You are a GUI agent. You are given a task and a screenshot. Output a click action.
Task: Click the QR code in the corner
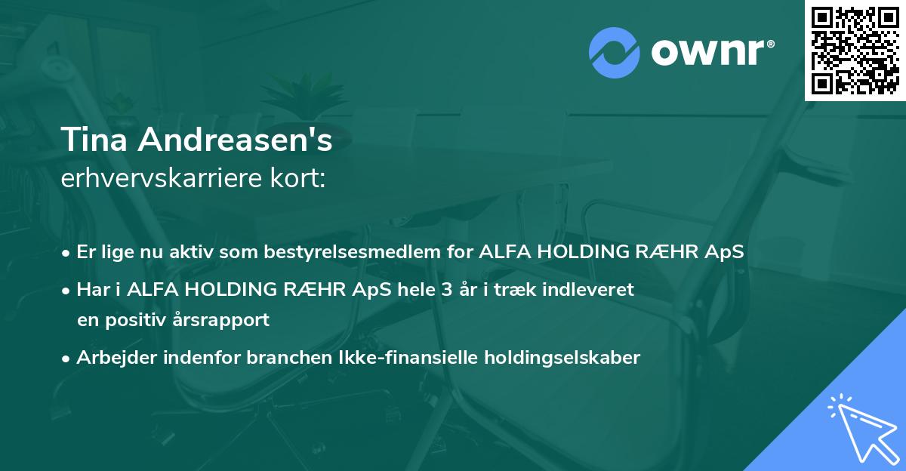tap(855, 51)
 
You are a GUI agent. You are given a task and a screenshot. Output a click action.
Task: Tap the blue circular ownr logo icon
tap(615, 53)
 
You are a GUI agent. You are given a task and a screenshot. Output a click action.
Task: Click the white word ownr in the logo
tap(707, 53)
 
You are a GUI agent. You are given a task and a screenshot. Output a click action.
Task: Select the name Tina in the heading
tap(94, 140)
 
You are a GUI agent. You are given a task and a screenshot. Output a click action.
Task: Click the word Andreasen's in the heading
tap(235, 140)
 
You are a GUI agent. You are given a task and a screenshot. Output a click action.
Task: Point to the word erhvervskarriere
tap(162, 178)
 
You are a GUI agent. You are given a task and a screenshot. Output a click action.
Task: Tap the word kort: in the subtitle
tap(297, 178)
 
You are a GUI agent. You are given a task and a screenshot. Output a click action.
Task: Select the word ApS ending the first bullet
tap(724, 251)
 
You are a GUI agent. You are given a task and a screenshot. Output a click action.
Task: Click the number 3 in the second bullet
tap(446, 290)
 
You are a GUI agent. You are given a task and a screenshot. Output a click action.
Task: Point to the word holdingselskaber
tap(562, 358)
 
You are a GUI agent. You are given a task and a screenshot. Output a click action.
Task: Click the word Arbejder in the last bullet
tap(116, 357)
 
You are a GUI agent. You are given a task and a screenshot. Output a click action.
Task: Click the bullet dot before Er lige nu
tap(66, 254)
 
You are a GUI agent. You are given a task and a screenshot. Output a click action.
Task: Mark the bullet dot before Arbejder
tap(66, 359)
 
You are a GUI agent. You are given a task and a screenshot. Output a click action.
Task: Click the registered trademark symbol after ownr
tap(770, 44)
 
